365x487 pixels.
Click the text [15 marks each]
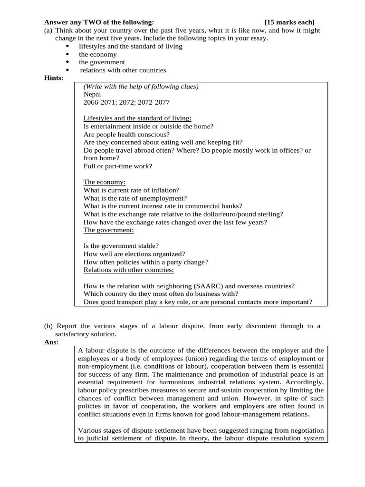[x=289, y=22]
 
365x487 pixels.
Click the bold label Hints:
[x=54, y=78]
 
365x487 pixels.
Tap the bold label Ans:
[x=51, y=341]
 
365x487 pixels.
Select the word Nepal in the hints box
[x=92, y=94]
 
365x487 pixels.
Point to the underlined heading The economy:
[x=105, y=182]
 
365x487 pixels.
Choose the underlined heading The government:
[x=108, y=230]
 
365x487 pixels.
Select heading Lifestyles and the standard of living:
[x=137, y=118]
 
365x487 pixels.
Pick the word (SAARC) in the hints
[x=207, y=286]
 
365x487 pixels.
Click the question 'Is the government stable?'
[x=121, y=246]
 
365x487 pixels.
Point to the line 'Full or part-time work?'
[x=118, y=166]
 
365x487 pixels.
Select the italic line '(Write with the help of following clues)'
[x=141, y=87]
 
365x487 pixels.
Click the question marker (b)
[x=48, y=326]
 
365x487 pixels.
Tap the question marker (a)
[x=48, y=30]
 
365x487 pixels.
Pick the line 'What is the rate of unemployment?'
[x=135, y=198]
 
